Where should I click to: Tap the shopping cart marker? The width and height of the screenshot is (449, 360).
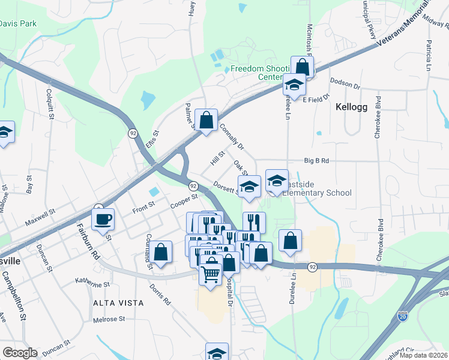click(x=211, y=274)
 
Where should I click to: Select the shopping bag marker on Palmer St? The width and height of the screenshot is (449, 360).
click(x=206, y=121)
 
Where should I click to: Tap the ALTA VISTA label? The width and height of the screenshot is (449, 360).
click(x=118, y=303)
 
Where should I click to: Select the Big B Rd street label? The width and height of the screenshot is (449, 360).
click(x=317, y=161)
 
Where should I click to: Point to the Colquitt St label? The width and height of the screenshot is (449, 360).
click(x=49, y=103)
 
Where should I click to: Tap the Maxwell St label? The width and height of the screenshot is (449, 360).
click(x=40, y=217)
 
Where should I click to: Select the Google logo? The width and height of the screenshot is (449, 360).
click(x=20, y=353)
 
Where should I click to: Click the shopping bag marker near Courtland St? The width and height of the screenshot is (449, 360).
click(x=160, y=252)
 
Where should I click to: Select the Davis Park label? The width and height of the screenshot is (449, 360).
click(x=19, y=24)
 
